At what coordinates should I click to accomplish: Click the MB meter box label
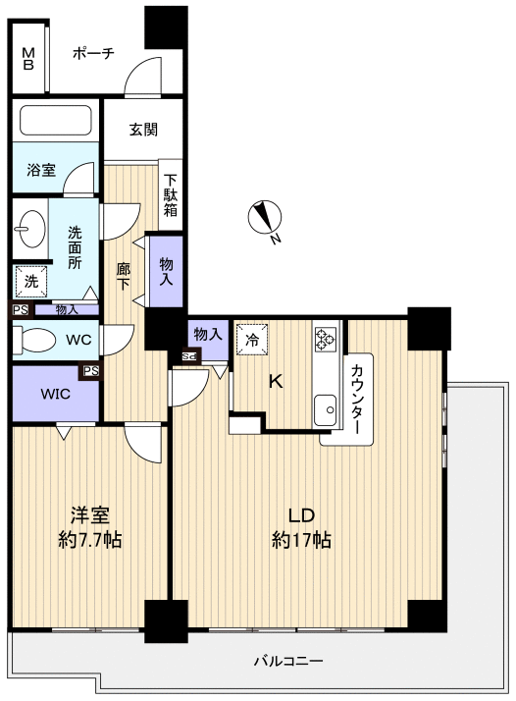pos(28,59)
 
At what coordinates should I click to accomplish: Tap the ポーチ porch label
pos(93,54)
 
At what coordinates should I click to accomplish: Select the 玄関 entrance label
pos(143,130)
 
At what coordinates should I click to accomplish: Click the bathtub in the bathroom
pos(56,120)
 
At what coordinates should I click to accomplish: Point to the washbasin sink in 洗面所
pos(30,229)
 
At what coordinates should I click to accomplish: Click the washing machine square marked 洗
pos(30,282)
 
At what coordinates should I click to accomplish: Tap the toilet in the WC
pos(34,341)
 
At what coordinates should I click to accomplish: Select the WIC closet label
pos(55,394)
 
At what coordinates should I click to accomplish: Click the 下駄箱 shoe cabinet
pos(171,195)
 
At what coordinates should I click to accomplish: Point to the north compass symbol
pos(266,217)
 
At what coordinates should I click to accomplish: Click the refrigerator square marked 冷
pos(252,340)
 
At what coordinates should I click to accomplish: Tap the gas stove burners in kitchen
pos(326,339)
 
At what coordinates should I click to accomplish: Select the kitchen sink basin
pos(326,410)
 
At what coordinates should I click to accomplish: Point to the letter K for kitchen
pos(276,382)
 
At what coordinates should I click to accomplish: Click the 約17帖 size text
pos(301,540)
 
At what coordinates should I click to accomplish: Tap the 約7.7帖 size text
pos(90,540)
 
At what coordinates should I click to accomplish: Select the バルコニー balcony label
pos(288,661)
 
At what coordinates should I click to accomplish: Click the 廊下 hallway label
pos(124,276)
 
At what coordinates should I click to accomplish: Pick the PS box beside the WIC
pos(90,370)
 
